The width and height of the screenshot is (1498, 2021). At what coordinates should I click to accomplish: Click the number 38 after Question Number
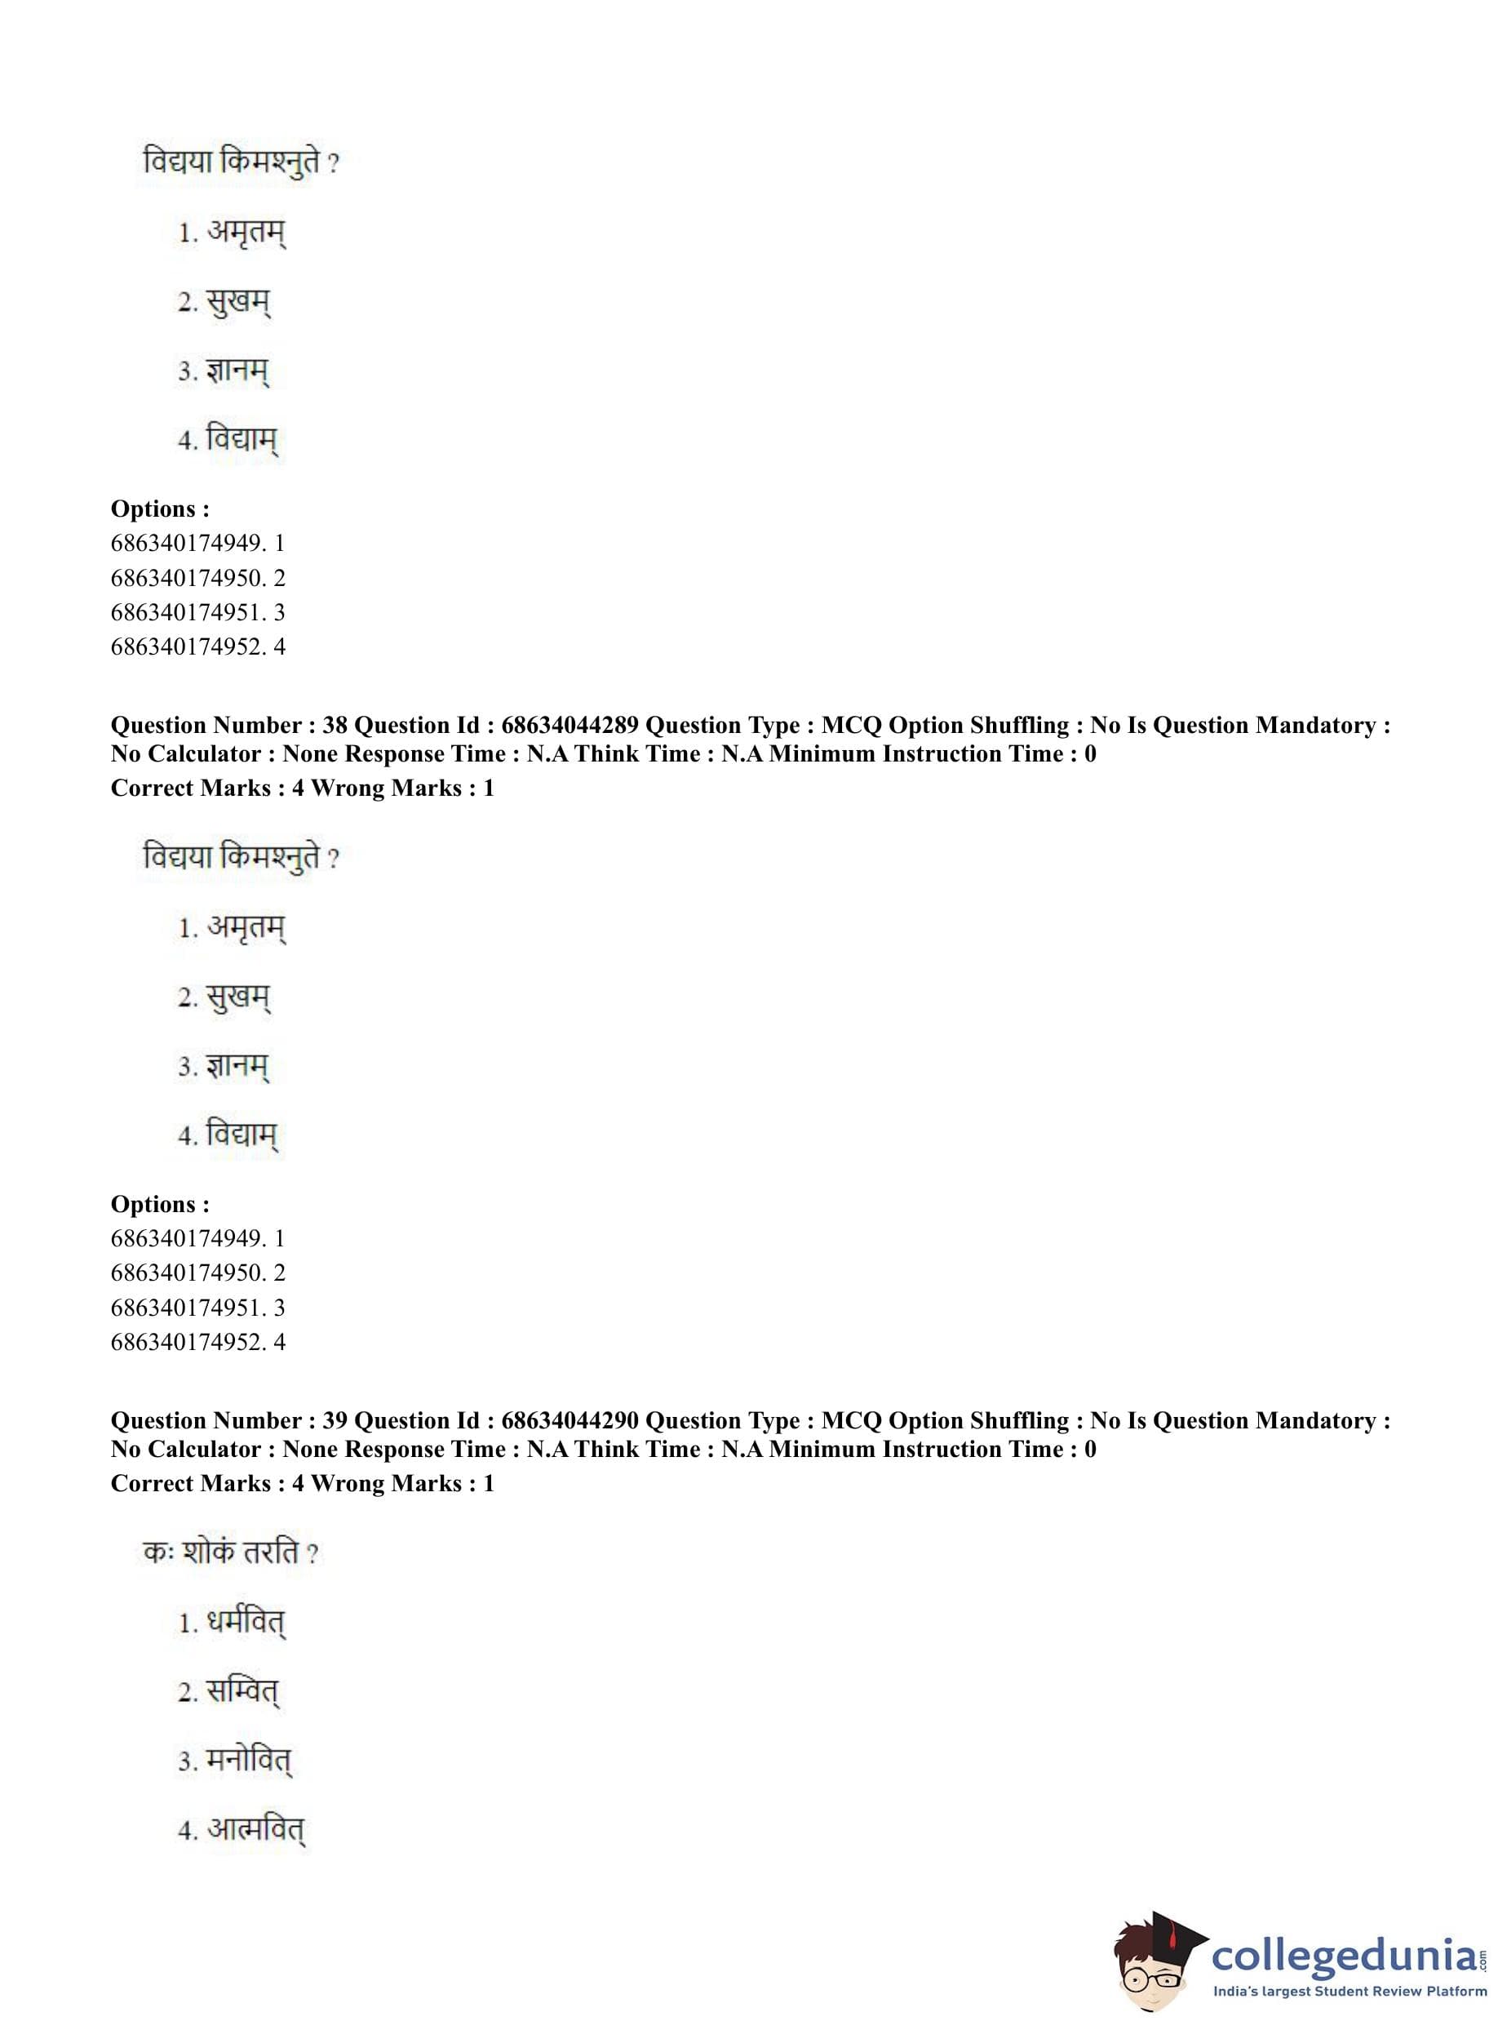point(335,725)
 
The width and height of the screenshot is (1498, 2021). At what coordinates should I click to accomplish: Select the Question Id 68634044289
point(570,725)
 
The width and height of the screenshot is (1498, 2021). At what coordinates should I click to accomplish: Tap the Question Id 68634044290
point(570,1420)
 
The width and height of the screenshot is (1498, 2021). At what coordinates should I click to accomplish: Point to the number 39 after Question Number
point(335,1420)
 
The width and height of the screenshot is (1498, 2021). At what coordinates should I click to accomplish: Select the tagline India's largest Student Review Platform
point(1349,1991)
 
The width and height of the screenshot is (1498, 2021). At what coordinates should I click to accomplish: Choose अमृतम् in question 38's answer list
point(246,928)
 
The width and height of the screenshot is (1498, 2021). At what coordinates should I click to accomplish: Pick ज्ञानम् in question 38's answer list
point(237,1067)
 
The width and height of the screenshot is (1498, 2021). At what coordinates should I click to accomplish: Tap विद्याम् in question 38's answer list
point(242,1135)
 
